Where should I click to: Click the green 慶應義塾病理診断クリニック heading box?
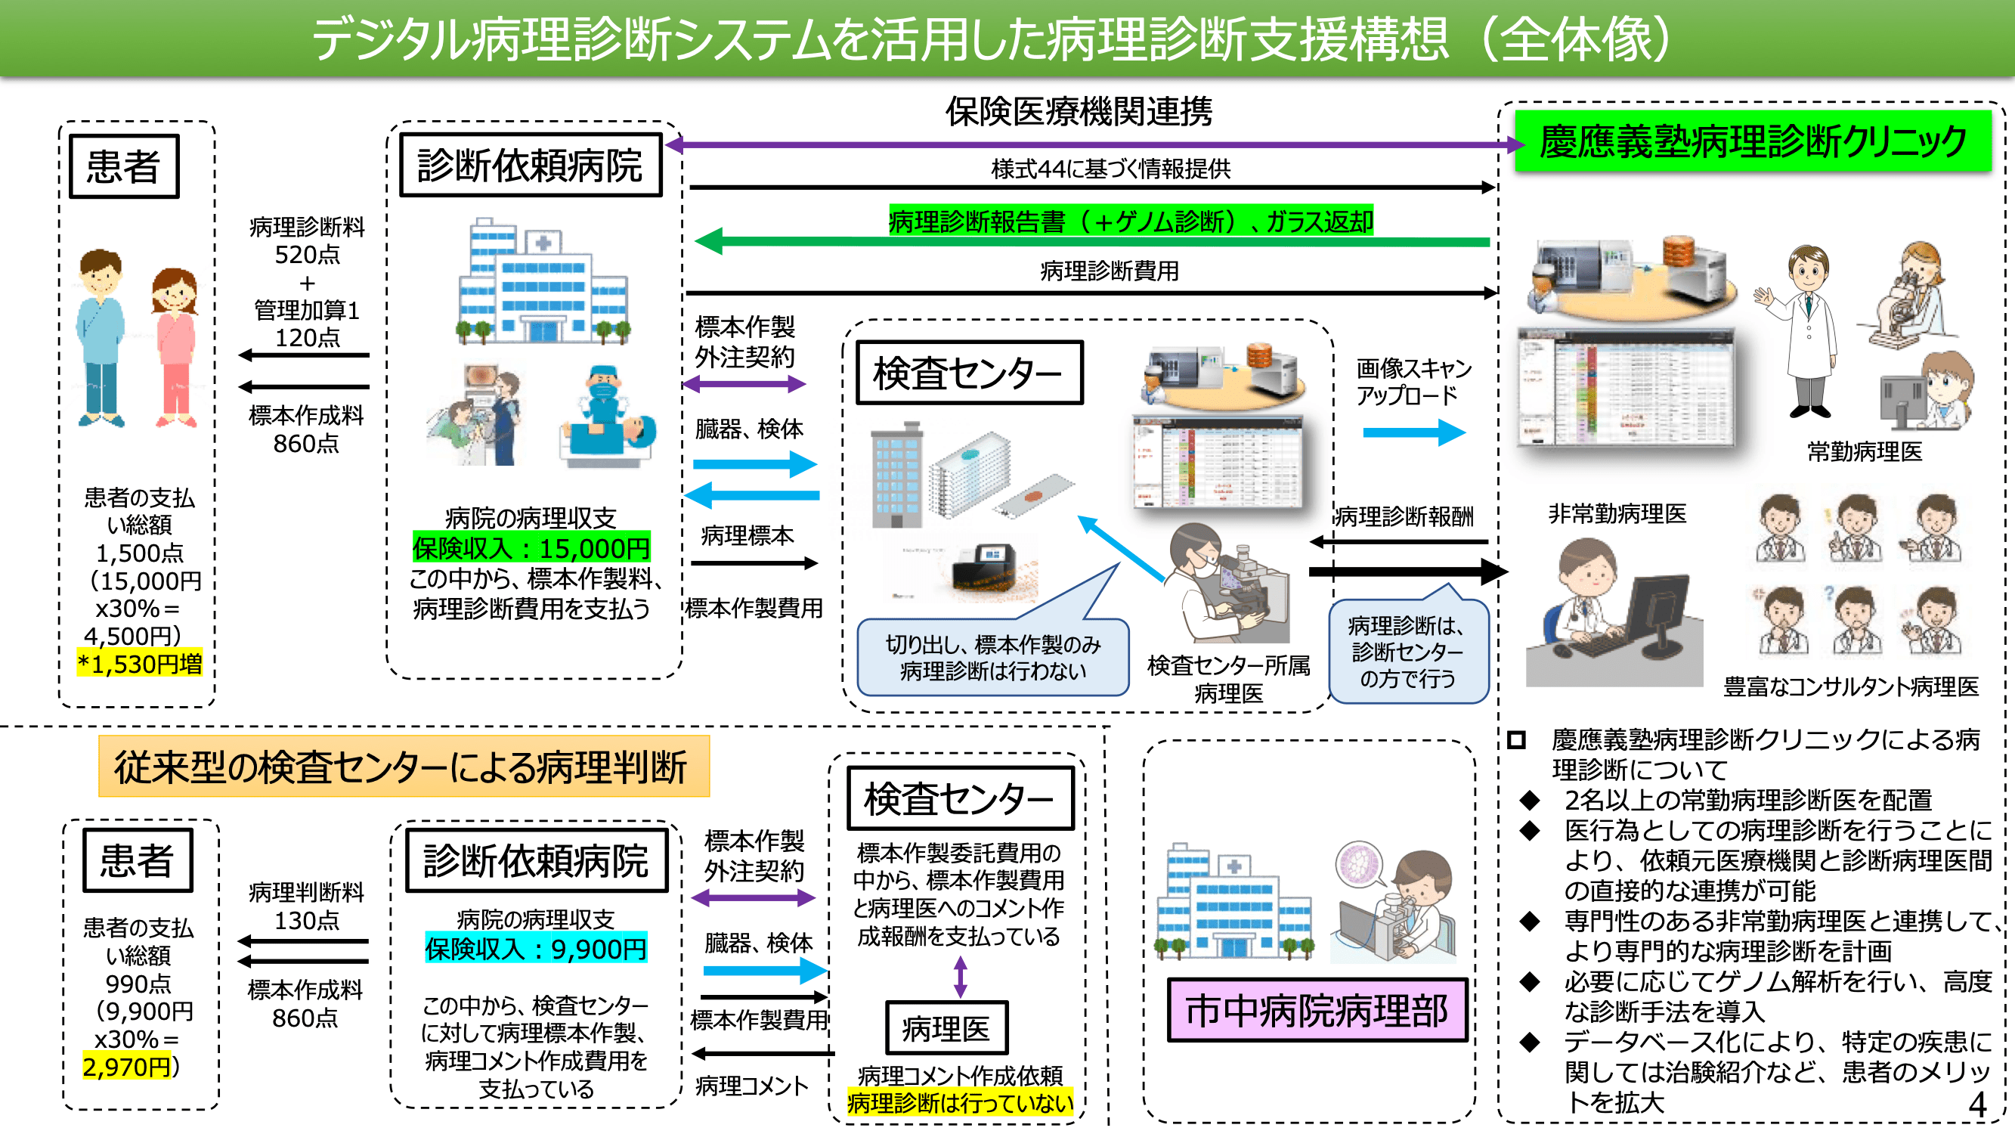pyautogui.click(x=1752, y=141)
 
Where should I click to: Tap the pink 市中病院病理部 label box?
pyautogui.click(x=1317, y=1009)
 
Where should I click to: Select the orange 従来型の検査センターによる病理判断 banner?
pyautogui.click(x=404, y=766)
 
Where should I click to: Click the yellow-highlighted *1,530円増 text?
pyautogui.click(x=140, y=665)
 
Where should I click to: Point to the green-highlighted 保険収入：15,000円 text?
pyautogui.click(x=531, y=549)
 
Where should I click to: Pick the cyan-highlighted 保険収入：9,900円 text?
pyautogui.click(x=536, y=949)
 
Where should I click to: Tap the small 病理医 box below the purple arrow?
pyautogui.click(x=946, y=1028)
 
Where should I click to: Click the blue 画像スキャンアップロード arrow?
pyautogui.click(x=1413, y=432)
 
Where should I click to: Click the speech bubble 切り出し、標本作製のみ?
pyautogui.click(x=992, y=657)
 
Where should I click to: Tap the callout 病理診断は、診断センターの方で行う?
pyautogui.click(x=1407, y=651)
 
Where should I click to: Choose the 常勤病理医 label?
pyautogui.click(x=1864, y=451)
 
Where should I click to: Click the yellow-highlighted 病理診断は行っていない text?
pyautogui.click(x=960, y=1104)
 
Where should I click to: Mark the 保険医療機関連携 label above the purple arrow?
pyautogui.click(x=1079, y=111)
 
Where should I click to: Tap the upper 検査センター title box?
pyautogui.click(x=969, y=373)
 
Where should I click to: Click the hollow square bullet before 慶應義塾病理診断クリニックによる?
pyautogui.click(x=1516, y=739)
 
